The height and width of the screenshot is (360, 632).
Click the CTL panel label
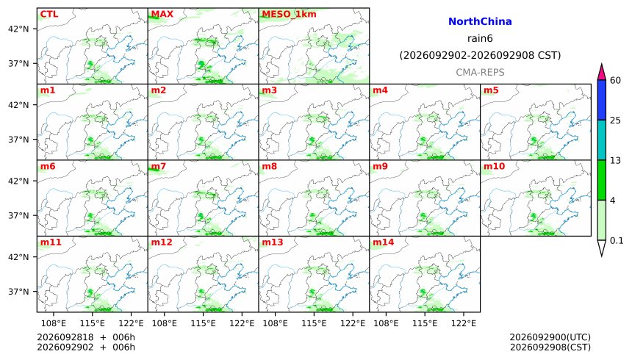(x=49, y=14)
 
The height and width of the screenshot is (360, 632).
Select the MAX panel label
(x=162, y=14)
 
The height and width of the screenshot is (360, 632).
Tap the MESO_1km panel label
(x=289, y=15)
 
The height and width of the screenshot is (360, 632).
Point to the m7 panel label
(x=159, y=167)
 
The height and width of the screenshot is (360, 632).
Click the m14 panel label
(x=383, y=242)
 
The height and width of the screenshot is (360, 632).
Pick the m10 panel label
(x=494, y=167)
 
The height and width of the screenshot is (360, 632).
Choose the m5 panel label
(x=491, y=90)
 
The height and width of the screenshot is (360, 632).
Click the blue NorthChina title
(x=480, y=22)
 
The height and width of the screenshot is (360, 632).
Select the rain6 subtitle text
(x=480, y=39)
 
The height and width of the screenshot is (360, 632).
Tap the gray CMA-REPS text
(x=480, y=73)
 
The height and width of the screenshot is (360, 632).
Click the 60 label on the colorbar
(x=615, y=80)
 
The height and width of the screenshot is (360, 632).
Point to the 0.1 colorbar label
(x=617, y=241)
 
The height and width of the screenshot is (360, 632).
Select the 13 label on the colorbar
(x=615, y=160)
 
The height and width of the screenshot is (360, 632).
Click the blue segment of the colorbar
(x=602, y=100)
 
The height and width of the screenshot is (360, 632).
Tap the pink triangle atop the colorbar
(x=602, y=72)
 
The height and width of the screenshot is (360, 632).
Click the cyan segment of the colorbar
(x=602, y=140)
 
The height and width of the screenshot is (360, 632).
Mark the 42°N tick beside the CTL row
(x=18, y=29)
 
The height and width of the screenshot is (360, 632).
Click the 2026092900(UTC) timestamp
(x=550, y=337)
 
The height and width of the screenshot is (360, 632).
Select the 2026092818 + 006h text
(x=86, y=337)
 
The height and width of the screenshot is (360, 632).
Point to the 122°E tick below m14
(x=463, y=323)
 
